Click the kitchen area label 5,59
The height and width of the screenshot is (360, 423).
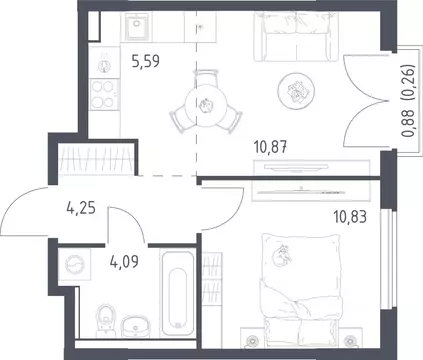point(146,61)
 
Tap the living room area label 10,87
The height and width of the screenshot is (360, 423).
point(270,147)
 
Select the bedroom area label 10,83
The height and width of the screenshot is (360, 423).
point(350,217)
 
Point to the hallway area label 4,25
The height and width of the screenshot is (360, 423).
point(81,208)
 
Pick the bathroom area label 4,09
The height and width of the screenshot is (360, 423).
point(124,261)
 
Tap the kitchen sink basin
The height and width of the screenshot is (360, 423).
point(137,26)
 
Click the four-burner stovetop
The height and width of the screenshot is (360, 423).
point(104,95)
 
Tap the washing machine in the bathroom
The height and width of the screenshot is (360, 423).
point(75,265)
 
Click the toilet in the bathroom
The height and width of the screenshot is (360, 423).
point(105,320)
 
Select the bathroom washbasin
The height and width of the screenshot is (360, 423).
point(135,325)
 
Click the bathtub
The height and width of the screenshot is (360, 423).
point(177,293)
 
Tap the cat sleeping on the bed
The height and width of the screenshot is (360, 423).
point(282,256)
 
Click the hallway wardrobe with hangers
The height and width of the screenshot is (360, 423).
point(96,159)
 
